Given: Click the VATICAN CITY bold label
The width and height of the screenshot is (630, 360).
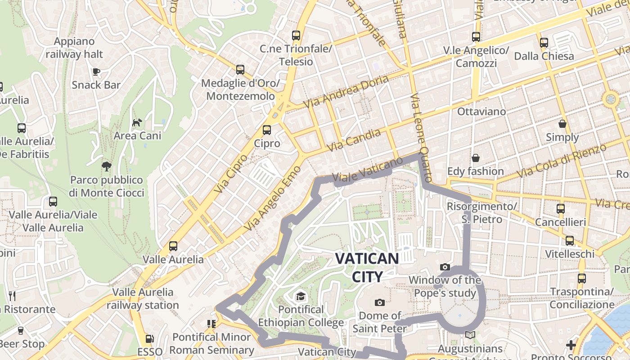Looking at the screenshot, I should tap(367, 267).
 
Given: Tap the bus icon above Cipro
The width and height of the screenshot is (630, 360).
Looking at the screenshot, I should tap(267, 130).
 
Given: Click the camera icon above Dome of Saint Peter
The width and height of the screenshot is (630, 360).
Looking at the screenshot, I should tap(380, 302).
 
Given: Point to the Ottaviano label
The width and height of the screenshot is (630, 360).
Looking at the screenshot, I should tap(481, 111).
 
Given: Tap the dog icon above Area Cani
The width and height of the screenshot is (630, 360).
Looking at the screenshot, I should tap(137, 122).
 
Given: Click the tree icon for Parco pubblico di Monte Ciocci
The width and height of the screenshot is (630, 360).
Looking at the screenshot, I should tap(107, 166).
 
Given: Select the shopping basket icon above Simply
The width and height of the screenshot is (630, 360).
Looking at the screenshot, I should tap(562, 124).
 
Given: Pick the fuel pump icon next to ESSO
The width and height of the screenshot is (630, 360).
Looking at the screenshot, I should tap(149, 339).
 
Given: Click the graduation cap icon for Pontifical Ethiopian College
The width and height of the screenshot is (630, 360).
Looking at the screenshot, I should tap(300, 296).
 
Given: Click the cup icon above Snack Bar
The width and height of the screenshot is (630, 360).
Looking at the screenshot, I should tap(96, 72).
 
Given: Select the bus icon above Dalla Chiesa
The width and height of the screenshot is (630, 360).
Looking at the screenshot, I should tap(544, 43).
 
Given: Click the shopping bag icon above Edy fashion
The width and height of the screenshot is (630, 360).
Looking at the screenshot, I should tap(476, 158).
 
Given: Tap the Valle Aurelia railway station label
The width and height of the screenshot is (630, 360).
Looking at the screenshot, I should tap(143, 298).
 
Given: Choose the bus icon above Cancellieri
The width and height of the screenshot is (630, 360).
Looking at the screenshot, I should tap(560, 209).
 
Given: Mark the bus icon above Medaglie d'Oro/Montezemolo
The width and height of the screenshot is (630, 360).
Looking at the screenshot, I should tap(240, 70).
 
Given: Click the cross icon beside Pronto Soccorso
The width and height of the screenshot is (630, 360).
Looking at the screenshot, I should tap(571, 345).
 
